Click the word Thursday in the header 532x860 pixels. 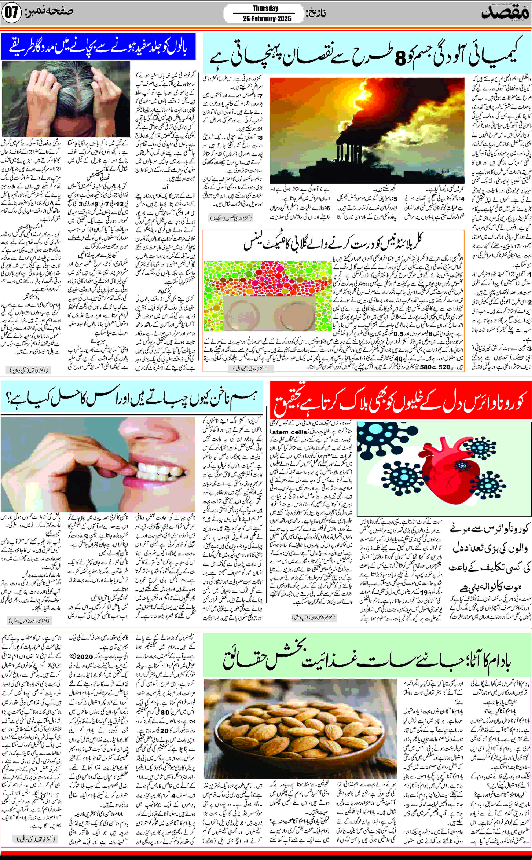pos(265,8)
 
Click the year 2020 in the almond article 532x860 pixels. pos(84,657)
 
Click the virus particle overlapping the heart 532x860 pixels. pos(462,466)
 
